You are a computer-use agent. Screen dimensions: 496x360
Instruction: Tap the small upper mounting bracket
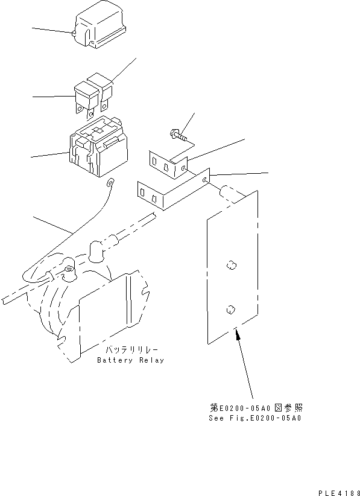(x=169, y=165)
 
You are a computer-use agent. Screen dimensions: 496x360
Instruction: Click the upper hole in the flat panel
(x=230, y=264)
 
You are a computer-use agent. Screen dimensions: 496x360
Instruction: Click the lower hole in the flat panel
(x=229, y=310)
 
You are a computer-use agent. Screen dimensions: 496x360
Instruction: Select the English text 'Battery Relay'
(x=130, y=360)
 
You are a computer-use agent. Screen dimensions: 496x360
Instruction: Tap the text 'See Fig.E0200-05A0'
(x=256, y=418)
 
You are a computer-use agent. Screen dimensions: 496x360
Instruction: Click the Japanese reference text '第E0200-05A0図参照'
(x=255, y=409)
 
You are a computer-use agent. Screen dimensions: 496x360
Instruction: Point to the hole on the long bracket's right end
(x=206, y=179)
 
